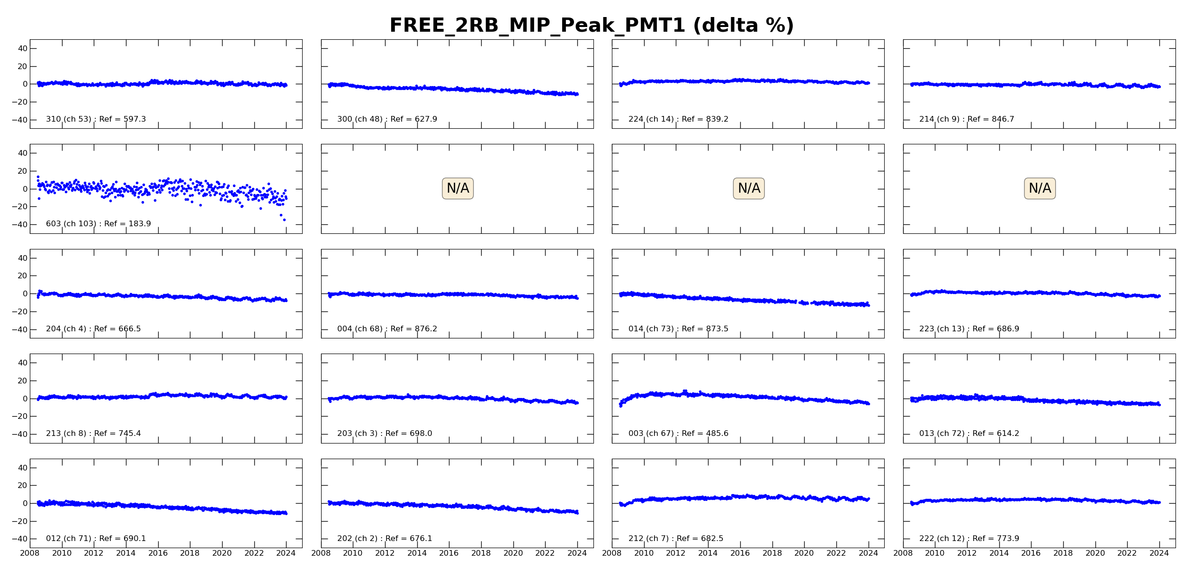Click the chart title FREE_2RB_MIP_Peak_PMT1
pos(591,26)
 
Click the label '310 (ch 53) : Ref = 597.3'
pos(96,119)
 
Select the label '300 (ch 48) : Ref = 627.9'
pos(387,119)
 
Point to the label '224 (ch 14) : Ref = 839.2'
pos(678,119)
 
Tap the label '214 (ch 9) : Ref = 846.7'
pos(967,119)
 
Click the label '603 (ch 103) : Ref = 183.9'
pos(98,224)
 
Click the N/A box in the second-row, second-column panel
pos(457,188)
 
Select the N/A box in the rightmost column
pos(1040,188)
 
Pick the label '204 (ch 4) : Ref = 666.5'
pos(93,329)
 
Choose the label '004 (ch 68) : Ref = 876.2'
pos(387,329)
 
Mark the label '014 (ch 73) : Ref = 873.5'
pos(678,329)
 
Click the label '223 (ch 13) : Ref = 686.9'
pos(969,329)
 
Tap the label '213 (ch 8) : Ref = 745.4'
pos(93,434)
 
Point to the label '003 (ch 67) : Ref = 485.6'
pos(678,434)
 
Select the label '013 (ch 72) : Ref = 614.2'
pos(969,434)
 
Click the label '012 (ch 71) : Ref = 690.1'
pos(96,539)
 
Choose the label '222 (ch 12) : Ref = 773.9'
pos(969,539)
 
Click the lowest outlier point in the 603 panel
pos(284,220)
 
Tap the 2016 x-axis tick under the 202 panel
pos(448,553)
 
